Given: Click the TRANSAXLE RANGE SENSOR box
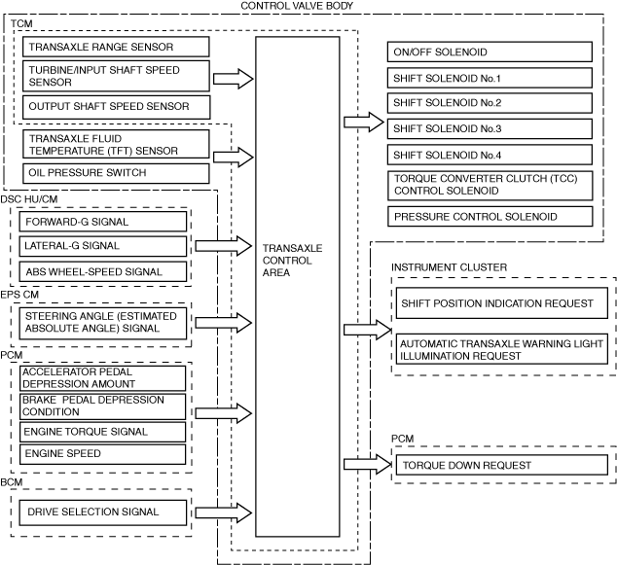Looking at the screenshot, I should point(115,47).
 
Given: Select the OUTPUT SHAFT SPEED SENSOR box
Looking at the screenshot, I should point(115,106).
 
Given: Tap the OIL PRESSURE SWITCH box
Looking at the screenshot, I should point(115,173).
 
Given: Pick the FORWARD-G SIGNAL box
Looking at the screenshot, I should point(102,222).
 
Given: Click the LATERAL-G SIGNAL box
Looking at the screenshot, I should point(102,246).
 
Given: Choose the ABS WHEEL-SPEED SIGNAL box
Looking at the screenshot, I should point(102,271).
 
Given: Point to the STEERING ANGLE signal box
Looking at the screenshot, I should point(102,322).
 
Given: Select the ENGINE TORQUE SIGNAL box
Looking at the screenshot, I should point(102,431).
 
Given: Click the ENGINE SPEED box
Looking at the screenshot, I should point(102,453).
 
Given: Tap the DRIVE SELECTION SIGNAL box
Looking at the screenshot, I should point(102,512).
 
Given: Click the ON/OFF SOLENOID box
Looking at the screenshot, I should point(490,53).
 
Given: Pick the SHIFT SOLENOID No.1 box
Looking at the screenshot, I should point(490,78).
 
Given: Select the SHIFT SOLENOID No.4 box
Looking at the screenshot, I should point(490,155).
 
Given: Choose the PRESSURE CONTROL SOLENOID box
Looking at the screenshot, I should point(490,216).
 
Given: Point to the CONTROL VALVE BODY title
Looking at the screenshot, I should point(297,6).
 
